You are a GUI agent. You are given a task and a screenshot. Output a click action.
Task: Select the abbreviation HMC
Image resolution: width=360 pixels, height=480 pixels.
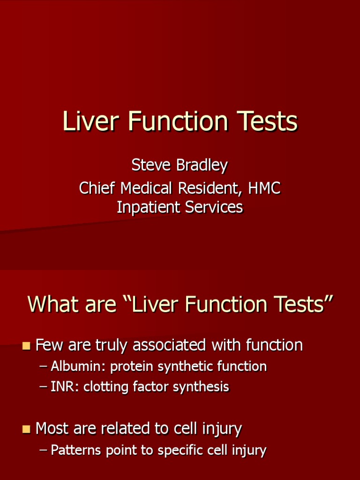point(264,188)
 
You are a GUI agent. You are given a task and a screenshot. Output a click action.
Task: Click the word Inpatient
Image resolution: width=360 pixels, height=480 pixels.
point(149,207)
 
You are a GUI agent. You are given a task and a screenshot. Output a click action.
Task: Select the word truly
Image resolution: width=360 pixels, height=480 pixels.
point(112,346)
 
